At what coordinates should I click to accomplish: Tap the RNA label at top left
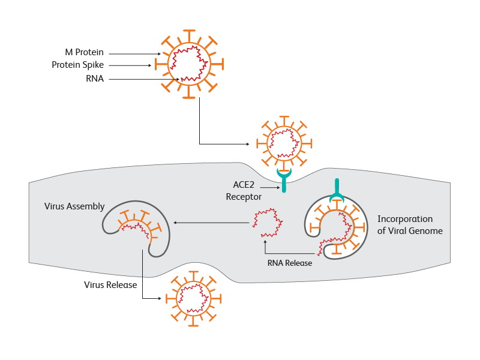point(95,79)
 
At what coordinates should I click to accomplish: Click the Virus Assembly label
point(74,206)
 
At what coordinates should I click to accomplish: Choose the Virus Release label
point(110,284)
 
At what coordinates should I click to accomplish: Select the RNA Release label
point(290,262)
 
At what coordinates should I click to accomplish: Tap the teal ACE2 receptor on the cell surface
point(283,179)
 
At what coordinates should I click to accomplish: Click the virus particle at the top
point(190,63)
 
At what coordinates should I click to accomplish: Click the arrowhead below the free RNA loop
point(265,242)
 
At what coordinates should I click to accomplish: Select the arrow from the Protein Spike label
point(129,65)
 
